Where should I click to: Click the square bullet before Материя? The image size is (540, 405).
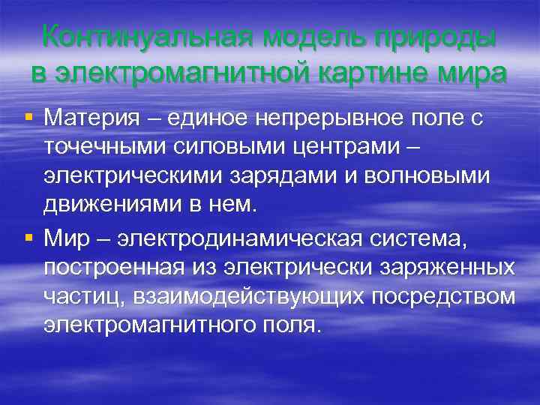tap(28, 118)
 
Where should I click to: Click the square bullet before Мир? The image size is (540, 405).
tap(28, 238)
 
